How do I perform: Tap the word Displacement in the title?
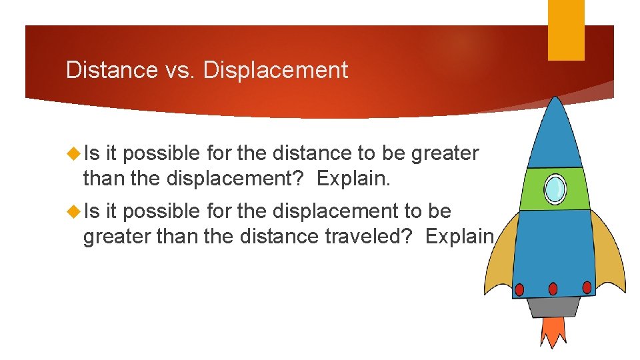pyautogui.click(x=275, y=70)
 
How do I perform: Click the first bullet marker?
pyautogui.click(x=73, y=153)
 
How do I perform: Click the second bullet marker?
pyautogui.click(x=73, y=211)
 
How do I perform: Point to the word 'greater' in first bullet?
pyautogui.click(x=445, y=154)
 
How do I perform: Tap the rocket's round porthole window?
pyautogui.click(x=555, y=189)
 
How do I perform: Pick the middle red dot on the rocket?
pyautogui.click(x=553, y=288)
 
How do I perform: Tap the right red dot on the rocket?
pyautogui.click(x=587, y=287)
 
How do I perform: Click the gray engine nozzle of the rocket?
pyautogui.click(x=553, y=306)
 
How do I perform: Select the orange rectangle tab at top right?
pyautogui.click(x=566, y=29)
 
